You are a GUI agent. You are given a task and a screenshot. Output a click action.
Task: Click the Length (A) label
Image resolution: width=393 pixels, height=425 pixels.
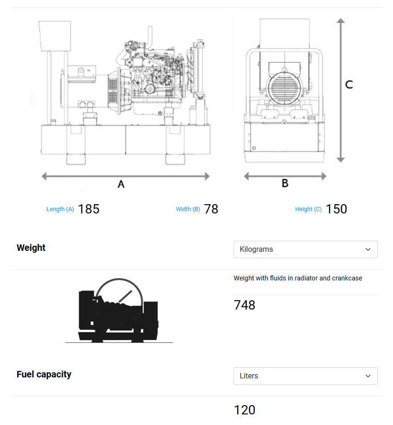[x=60, y=209]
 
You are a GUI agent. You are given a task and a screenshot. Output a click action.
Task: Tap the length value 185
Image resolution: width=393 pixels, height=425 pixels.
[x=89, y=209]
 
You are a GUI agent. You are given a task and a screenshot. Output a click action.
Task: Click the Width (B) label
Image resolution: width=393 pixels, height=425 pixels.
[x=188, y=209]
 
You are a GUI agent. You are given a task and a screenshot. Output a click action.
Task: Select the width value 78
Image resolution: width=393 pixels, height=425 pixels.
[x=211, y=209]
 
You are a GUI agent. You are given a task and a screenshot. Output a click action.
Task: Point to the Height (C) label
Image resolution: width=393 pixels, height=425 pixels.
[x=308, y=209]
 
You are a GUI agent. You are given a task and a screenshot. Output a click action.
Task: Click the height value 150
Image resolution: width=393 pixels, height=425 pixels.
[x=336, y=209]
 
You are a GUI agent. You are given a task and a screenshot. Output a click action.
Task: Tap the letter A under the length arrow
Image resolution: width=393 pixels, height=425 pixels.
[x=121, y=184]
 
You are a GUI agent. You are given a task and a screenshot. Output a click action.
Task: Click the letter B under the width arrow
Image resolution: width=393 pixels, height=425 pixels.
[x=285, y=183]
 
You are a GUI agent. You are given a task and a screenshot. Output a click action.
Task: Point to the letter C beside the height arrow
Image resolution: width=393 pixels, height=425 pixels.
[x=349, y=85]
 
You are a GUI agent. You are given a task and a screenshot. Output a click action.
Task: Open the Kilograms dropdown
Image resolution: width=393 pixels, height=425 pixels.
[x=305, y=249]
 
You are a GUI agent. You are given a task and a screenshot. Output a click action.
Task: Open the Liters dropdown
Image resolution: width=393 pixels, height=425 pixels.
[x=305, y=376]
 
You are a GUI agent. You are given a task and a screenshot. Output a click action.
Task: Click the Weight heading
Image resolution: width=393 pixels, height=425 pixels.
[x=31, y=248]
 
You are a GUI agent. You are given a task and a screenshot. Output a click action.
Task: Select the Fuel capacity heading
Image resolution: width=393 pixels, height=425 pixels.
[x=44, y=374]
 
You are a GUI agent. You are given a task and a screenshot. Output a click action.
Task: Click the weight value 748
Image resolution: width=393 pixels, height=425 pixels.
[x=245, y=305]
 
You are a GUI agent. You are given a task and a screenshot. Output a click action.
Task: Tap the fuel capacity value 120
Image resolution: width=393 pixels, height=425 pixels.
[x=245, y=410]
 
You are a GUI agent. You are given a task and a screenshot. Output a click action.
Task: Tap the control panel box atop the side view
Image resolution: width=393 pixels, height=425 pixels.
[x=54, y=36]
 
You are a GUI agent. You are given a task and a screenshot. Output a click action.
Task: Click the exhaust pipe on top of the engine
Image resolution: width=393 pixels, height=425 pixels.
[x=150, y=34]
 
